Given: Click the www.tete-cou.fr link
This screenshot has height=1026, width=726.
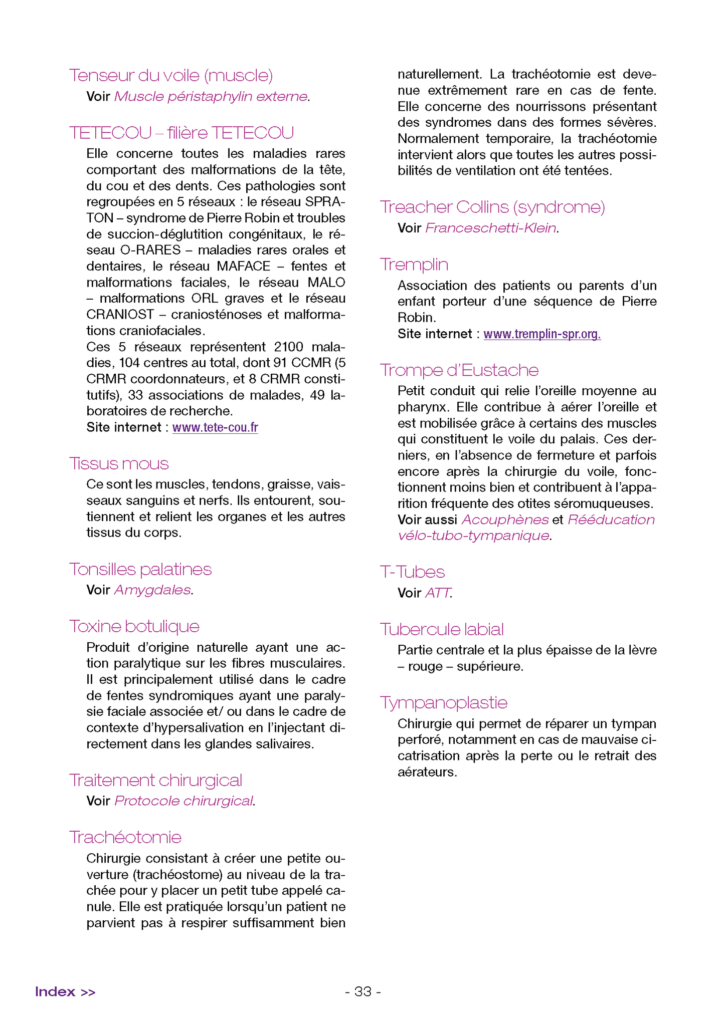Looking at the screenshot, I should [215, 427].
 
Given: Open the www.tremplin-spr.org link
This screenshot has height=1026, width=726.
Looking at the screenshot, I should [542, 334].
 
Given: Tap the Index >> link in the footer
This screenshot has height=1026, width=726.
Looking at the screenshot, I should [65, 991].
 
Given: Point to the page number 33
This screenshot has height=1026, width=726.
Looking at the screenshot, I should [363, 991].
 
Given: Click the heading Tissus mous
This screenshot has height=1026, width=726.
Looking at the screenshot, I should [119, 463].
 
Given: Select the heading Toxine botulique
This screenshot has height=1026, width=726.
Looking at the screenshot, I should [134, 626].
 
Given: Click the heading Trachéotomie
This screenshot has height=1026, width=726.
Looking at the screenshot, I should [125, 837].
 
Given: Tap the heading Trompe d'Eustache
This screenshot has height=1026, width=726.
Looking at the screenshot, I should [459, 370].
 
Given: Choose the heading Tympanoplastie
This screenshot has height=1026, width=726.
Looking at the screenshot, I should [444, 702].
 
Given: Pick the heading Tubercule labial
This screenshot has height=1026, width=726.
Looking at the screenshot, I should [442, 629].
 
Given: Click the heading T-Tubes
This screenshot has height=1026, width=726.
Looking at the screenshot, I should [412, 572].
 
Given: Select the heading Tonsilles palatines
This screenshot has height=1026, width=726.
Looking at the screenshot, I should [140, 569].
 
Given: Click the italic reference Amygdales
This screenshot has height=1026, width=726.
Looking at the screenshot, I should [152, 590].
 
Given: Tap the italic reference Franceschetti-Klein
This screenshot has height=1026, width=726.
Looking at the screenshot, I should [491, 228].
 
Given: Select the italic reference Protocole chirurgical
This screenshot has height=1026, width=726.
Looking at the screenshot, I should [184, 801].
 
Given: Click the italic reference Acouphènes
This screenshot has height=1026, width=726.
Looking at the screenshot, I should [505, 520].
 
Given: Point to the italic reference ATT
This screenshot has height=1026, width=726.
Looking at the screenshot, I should [438, 593].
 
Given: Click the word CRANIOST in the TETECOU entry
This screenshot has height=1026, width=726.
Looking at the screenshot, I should [120, 315].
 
